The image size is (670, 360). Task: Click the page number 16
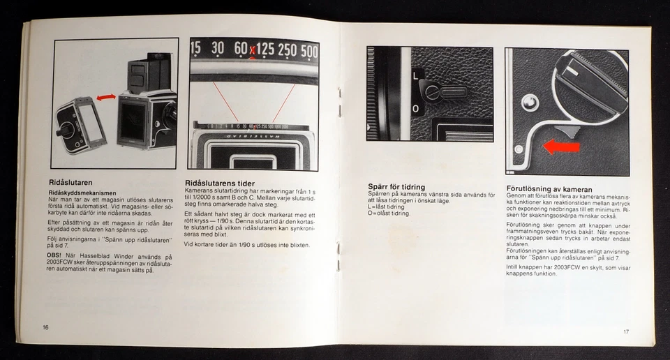pyautogui.click(x=45, y=327)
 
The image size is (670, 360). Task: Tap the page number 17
pyautogui.click(x=626, y=331)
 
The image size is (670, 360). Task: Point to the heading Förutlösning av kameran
pyautogui.click(x=549, y=189)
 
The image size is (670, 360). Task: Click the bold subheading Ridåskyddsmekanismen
pyautogui.click(x=82, y=193)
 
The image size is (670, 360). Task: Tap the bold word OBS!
pyautogui.click(x=56, y=256)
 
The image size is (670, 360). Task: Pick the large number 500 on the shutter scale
pyautogui.click(x=308, y=51)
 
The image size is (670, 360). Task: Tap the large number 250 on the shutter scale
pyautogui.click(x=287, y=51)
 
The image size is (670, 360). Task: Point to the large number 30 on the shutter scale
pyautogui.click(x=218, y=49)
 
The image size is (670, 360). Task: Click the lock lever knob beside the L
pyautogui.click(x=435, y=91)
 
